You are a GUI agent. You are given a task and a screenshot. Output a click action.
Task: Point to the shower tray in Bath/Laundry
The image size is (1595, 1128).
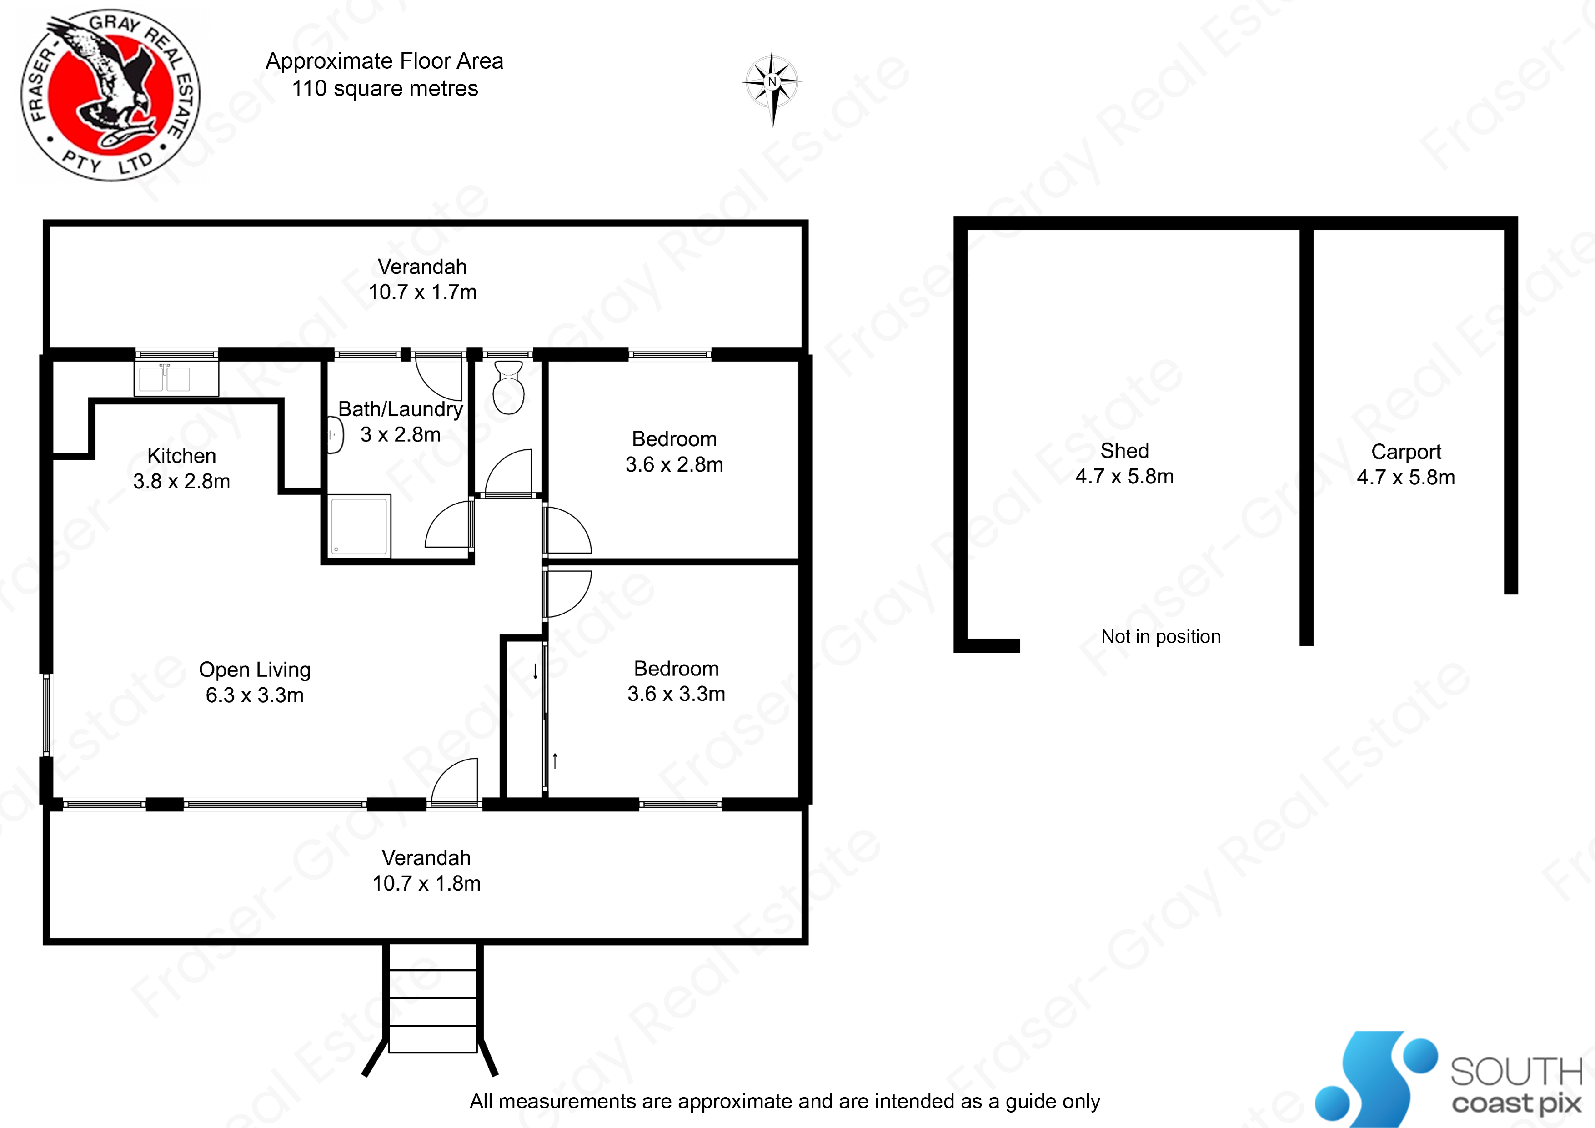click(x=359, y=525)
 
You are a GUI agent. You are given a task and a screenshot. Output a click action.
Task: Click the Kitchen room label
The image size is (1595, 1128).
click(x=181, y=456)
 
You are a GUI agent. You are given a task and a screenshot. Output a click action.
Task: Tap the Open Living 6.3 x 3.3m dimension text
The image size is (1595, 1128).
click(x=254, y=695)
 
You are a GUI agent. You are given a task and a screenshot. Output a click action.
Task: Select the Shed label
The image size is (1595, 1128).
click(x=1124, y=451)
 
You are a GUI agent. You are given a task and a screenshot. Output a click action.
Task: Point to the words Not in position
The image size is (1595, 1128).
click(x=1160, y=637)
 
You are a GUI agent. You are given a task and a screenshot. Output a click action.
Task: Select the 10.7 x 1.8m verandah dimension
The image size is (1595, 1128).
click(x=426, y=883)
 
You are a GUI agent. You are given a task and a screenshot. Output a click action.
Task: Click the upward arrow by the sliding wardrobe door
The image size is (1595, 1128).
click(x=555, y=760)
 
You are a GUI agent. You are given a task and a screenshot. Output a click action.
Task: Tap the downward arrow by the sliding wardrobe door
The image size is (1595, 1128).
click(x=535, y=671)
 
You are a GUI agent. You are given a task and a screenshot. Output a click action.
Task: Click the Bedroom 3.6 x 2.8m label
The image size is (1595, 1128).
click(x=674, y=452)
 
